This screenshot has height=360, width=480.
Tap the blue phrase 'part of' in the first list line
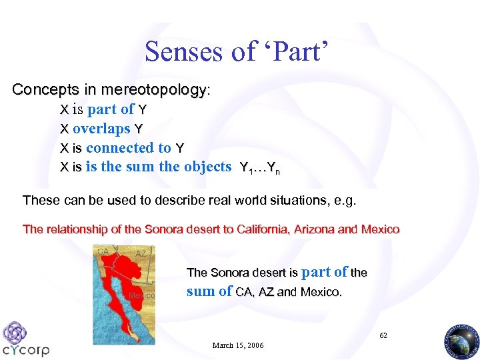pyautogui.click(x=111, y=109)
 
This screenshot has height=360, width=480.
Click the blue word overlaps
pyautogui.click(x=101, y=129)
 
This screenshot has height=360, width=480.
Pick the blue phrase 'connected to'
pyautogui.click(x=129, y=148)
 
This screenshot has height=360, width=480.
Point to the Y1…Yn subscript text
pyautogui.click(x=259, y=168)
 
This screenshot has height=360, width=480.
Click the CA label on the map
pyautogui.click(x=103, y=252)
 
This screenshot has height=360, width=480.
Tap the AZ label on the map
pyautogui.click(x=141, y=254)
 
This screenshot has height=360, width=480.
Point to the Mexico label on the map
pyautogui.click(x=141, y=295)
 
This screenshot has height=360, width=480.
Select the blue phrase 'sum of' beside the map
pyautogui.click(x=209, y=291)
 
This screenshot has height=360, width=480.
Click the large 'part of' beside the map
pyautogui.click(x=325, y=272)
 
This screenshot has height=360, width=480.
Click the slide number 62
pyautogui.click(x=383, y=335)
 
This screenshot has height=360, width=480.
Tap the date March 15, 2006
pyautogui.click(x=237, y=345)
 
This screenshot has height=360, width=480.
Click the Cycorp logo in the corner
pyautogui.click(x=25, y=339)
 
